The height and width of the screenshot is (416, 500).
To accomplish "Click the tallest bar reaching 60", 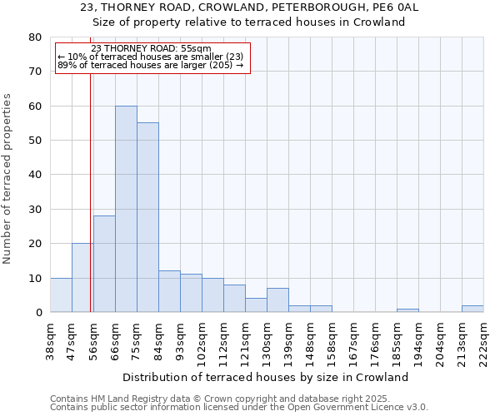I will click(126, 209).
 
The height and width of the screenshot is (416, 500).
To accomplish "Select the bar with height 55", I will click(147, 217).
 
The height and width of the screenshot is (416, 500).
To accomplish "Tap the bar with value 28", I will click(104, 264).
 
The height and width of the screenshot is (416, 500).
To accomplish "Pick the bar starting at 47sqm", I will click(82, 278).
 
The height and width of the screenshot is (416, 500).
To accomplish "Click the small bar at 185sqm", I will click(407, 310).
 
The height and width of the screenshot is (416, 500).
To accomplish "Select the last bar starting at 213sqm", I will click(472, 309).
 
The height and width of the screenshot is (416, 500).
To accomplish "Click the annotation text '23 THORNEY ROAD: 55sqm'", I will click(151, 49).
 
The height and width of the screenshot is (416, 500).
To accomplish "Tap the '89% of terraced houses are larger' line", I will click(151, 65).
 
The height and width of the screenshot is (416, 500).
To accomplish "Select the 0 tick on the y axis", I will click(38, 313).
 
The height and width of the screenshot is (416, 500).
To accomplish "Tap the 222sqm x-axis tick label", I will click(483, 341).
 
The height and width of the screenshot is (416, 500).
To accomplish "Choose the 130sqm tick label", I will click(267, 341).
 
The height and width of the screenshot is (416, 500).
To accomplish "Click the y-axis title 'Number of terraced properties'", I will click(7, 178).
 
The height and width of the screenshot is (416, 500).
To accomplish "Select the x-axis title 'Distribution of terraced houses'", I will click(271, 377).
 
